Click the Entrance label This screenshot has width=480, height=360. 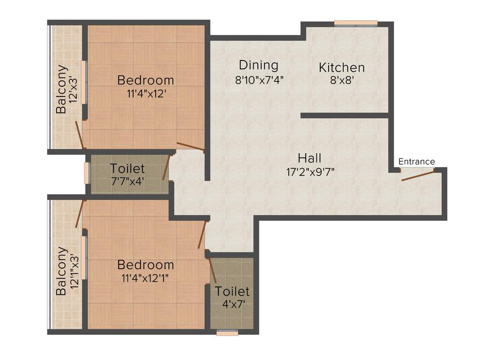pos(416,162)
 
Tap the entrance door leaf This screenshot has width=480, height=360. pos(418,176)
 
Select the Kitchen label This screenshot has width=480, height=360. pos(342,67)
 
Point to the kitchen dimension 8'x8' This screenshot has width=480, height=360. pos(342,80)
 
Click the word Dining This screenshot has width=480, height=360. pos(259,65)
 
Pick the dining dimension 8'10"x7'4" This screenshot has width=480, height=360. pos(260,79)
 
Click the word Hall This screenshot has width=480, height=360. pos(310,158)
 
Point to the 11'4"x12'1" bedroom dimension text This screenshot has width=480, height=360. pos(145,278)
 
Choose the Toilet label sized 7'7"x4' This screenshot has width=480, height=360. pos(127,168)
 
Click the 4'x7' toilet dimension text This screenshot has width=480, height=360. pos(232,303)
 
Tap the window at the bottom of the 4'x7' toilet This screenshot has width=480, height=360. pos(227,333)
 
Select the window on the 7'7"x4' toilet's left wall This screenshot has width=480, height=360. pos(87,172)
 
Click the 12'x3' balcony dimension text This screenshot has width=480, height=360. pos(73,90)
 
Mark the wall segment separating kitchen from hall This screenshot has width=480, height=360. pos(345,115)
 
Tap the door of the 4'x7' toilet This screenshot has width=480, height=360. pos(211,271)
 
